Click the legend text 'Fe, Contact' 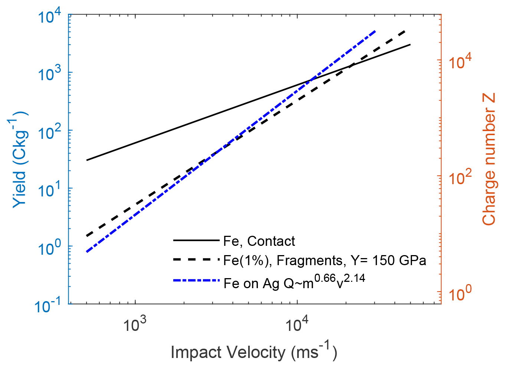tap(259, 241)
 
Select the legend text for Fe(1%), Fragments tap(324, 260)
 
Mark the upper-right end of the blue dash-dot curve tap(375, 32)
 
